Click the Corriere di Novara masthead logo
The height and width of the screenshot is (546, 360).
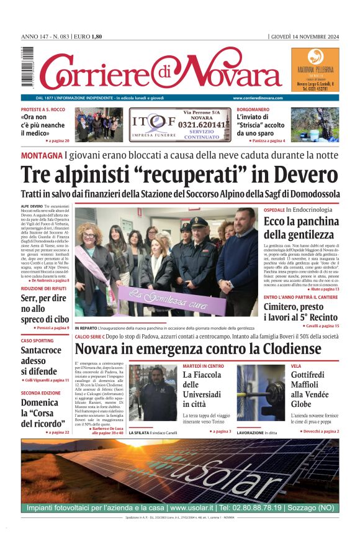pos(160,70)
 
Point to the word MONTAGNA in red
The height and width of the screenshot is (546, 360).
pos(42,155)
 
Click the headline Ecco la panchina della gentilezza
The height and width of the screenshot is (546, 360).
pos(301,228)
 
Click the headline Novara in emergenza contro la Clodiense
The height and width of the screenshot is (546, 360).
pos(198,348)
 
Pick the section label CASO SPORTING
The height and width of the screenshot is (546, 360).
pos(37,341)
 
